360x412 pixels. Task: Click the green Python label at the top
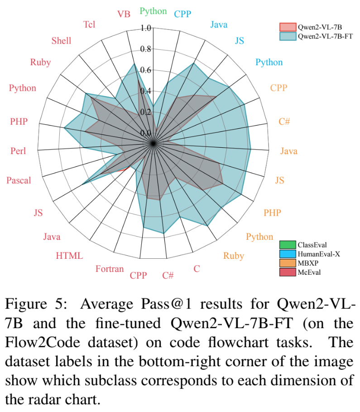[x=153, y=11]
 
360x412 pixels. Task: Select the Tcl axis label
[x=89, y=24]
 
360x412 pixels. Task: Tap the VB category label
[x=124, y=14]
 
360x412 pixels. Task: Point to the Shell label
[x=61, y=41]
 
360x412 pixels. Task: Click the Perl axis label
[x=18, y=151]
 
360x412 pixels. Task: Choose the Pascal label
[x=19, y=180]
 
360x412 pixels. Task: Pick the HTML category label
[x=69, y=256]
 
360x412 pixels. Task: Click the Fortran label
[x=110, y=269]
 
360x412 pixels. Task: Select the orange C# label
[x=284, y=121]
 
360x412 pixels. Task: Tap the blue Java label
[x=219, y=24]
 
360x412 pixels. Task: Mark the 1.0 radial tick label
[x=146, y=28]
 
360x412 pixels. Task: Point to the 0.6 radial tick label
[x=146, y=70]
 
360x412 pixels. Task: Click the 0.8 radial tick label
[x=146, y=49]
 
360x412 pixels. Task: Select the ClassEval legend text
[x=312, y=245]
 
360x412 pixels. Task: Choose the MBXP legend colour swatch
[x=288, y=263]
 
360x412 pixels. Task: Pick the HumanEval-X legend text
[x=318, y=254]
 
